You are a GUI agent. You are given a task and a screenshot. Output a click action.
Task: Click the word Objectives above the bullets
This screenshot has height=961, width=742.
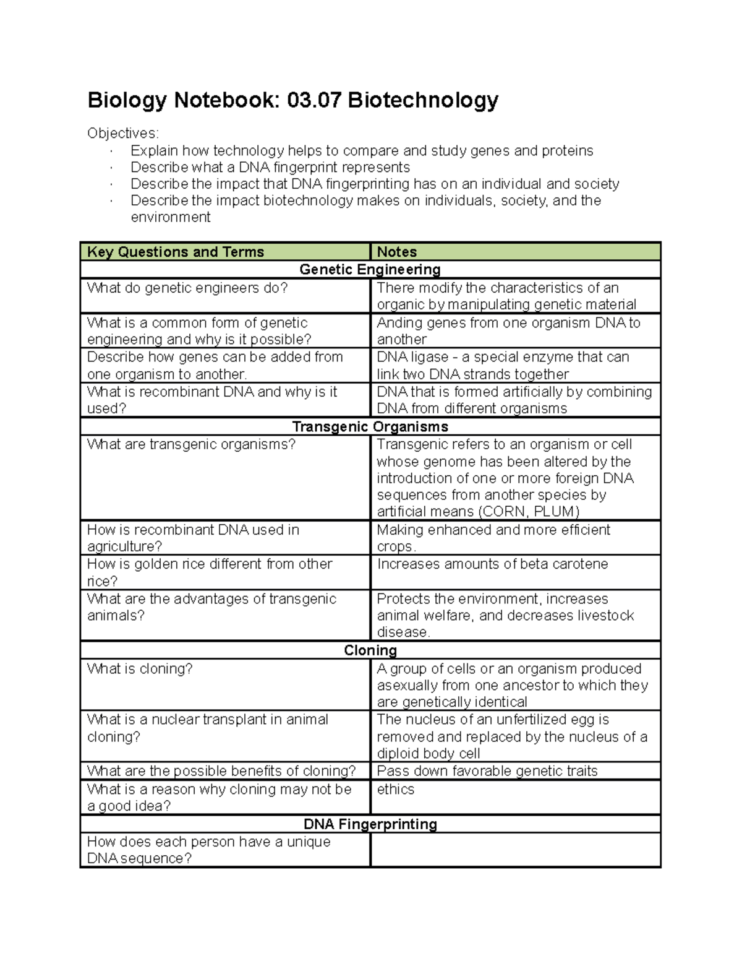(122, 133)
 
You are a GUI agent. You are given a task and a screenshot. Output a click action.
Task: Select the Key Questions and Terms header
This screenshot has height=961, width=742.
(176, 252)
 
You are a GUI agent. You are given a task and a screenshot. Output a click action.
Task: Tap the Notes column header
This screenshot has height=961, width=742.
(396, 252)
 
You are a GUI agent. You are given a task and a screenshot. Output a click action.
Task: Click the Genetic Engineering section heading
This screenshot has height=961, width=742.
(370, 269)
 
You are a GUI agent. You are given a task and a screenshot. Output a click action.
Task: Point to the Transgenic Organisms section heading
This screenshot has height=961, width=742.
(370, 427)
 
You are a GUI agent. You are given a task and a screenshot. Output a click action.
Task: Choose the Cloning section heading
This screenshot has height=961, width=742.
(370, 650)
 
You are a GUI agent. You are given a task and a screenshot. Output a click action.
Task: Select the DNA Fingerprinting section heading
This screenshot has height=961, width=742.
(370, 824)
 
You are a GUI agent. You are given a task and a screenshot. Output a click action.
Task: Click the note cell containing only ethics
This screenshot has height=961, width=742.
(396, 790)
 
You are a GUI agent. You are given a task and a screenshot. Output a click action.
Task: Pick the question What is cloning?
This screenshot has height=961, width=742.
(140, 669)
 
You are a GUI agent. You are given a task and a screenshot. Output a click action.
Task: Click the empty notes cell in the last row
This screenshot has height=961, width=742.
(515, 850)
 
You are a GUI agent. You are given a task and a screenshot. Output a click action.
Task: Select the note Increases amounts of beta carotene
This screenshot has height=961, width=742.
(492, 564)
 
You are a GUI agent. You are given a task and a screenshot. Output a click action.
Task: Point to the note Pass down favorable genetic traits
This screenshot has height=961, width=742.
(487, 771)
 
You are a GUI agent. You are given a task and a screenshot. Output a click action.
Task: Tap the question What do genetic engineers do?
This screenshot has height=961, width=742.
(187, 288)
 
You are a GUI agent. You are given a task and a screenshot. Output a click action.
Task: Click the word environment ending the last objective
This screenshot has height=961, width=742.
(171, 217)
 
